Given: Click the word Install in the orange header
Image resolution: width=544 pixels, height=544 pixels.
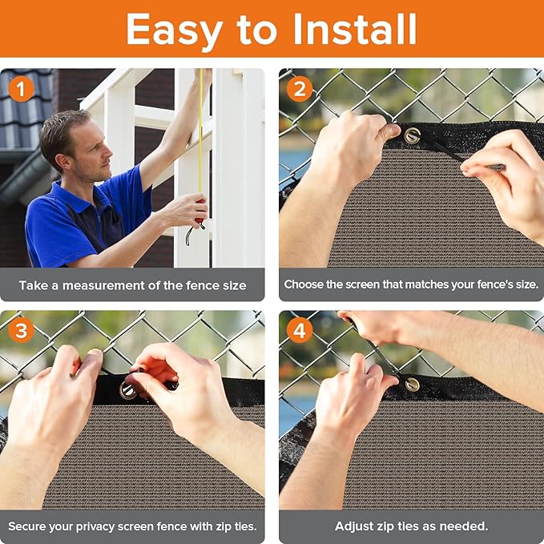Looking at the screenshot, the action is tap(355, 29).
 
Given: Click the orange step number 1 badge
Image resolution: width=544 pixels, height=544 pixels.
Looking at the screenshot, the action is tap(21, 89).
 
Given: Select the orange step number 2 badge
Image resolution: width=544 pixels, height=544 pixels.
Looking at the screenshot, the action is tap(300, 89).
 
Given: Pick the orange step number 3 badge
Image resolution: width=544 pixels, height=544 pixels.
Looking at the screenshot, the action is tap(21, 330).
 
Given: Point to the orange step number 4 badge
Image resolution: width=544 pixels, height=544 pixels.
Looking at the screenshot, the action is tap(300, 330).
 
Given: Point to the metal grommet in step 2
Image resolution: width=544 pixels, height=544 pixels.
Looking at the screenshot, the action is tap(412, 135).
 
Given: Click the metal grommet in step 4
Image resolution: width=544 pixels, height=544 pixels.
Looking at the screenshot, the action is tap(412, 385).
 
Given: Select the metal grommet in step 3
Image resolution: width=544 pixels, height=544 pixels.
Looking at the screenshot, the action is tap(127, 390).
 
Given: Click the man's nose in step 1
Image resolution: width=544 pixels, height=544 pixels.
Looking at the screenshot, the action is tap(108, 153).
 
